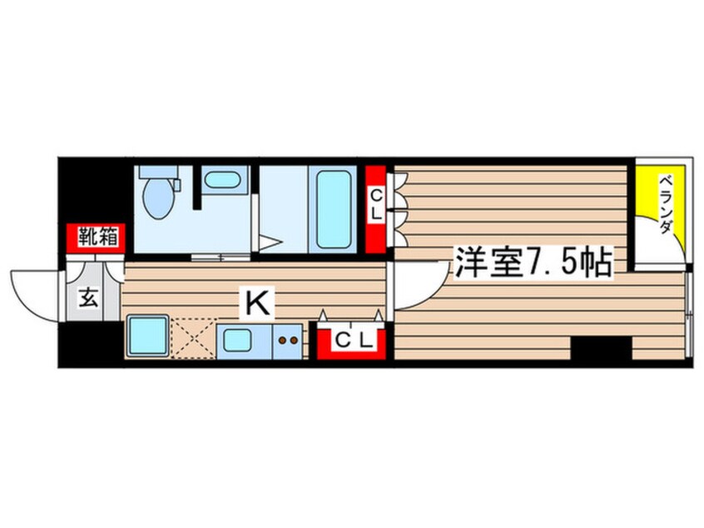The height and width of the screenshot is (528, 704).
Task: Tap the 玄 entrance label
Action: [89, 297]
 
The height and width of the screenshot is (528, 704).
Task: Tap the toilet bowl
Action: [157, 200]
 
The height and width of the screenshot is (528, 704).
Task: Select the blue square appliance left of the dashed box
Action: [148, 337]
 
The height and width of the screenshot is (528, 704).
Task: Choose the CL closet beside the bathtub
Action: [376, 206]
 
